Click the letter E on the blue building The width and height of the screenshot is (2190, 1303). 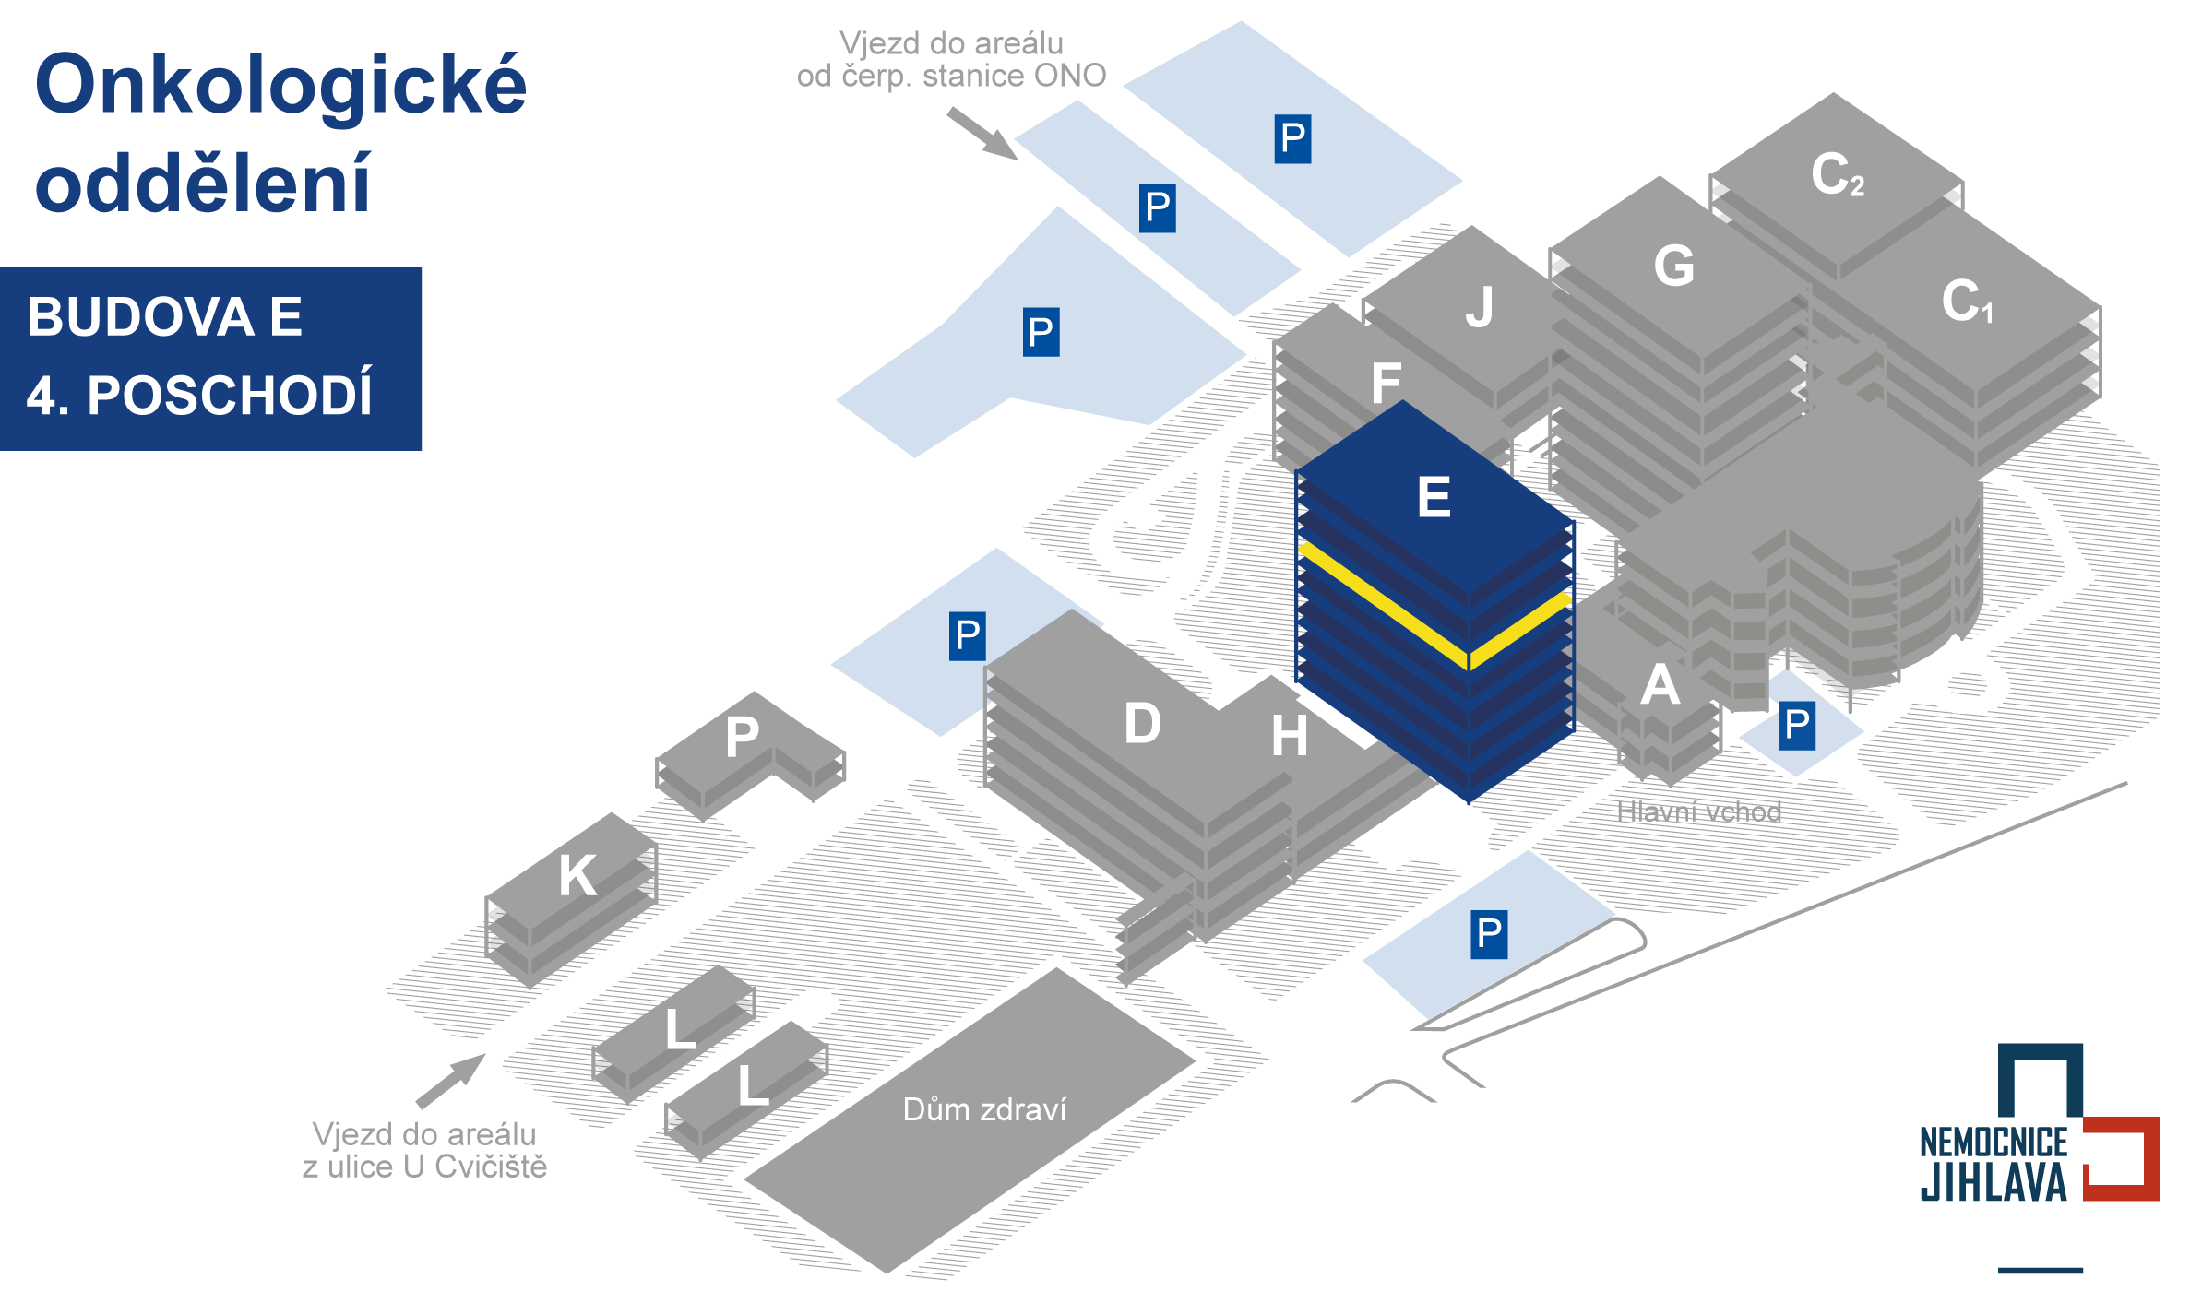1434,498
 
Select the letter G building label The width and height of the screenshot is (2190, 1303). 1673,267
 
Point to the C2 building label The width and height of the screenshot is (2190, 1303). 1837,174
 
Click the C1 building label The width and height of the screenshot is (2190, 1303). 1966,301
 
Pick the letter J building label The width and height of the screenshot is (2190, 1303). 1480,307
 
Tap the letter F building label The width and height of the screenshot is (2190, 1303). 1386,384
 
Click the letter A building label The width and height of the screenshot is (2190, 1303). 1660,685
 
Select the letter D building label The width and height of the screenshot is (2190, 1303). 1142,723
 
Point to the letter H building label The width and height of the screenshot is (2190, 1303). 1289,736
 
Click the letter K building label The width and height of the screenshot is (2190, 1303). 577,875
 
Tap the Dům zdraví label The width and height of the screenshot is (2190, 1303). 984,1109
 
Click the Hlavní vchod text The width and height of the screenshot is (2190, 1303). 1698,811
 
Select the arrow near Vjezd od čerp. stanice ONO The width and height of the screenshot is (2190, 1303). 982,133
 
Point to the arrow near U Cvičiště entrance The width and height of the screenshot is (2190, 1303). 451,1081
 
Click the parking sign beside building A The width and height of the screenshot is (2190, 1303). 1796,726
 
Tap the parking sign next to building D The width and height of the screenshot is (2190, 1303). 967,636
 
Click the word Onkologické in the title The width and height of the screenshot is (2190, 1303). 280,86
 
